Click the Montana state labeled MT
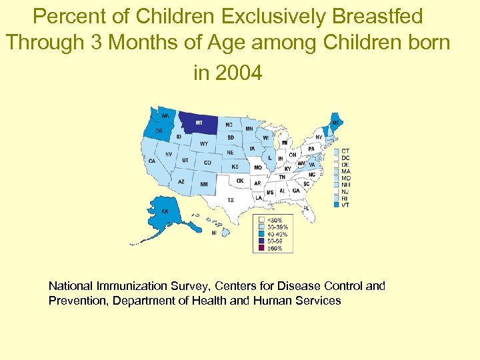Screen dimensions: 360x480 pyautogui.click(x=199, y=122)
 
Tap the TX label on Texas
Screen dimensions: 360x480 pyautogui.click(x=231, y=199)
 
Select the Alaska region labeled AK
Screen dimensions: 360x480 pyautogui.click(x=165, y=212)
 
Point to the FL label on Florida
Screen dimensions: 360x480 pyautogui.click(x=306, y=208)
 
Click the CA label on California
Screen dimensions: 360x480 pyautogui.click(x=152, y=161)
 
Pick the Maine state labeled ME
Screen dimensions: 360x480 pyautogui.click(x=334, y=123)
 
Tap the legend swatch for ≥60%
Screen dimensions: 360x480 pyautogui.click(x=262, y=248)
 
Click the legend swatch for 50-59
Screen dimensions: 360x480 pyautogui.click(x=262, y=241)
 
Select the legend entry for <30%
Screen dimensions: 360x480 pyautogui.click(x=274, y=220)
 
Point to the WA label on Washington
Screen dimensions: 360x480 pyautogui.click(x=165, y=115)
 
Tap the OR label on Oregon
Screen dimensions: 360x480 pyautogui.click(x=159, y=131)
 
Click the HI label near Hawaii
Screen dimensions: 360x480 pyautogui.click(x=214, y=233)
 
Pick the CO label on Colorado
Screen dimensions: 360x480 pyautogui.click(x=207, y=163)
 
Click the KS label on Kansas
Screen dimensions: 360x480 pyautogui.click(x=235, y=166)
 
